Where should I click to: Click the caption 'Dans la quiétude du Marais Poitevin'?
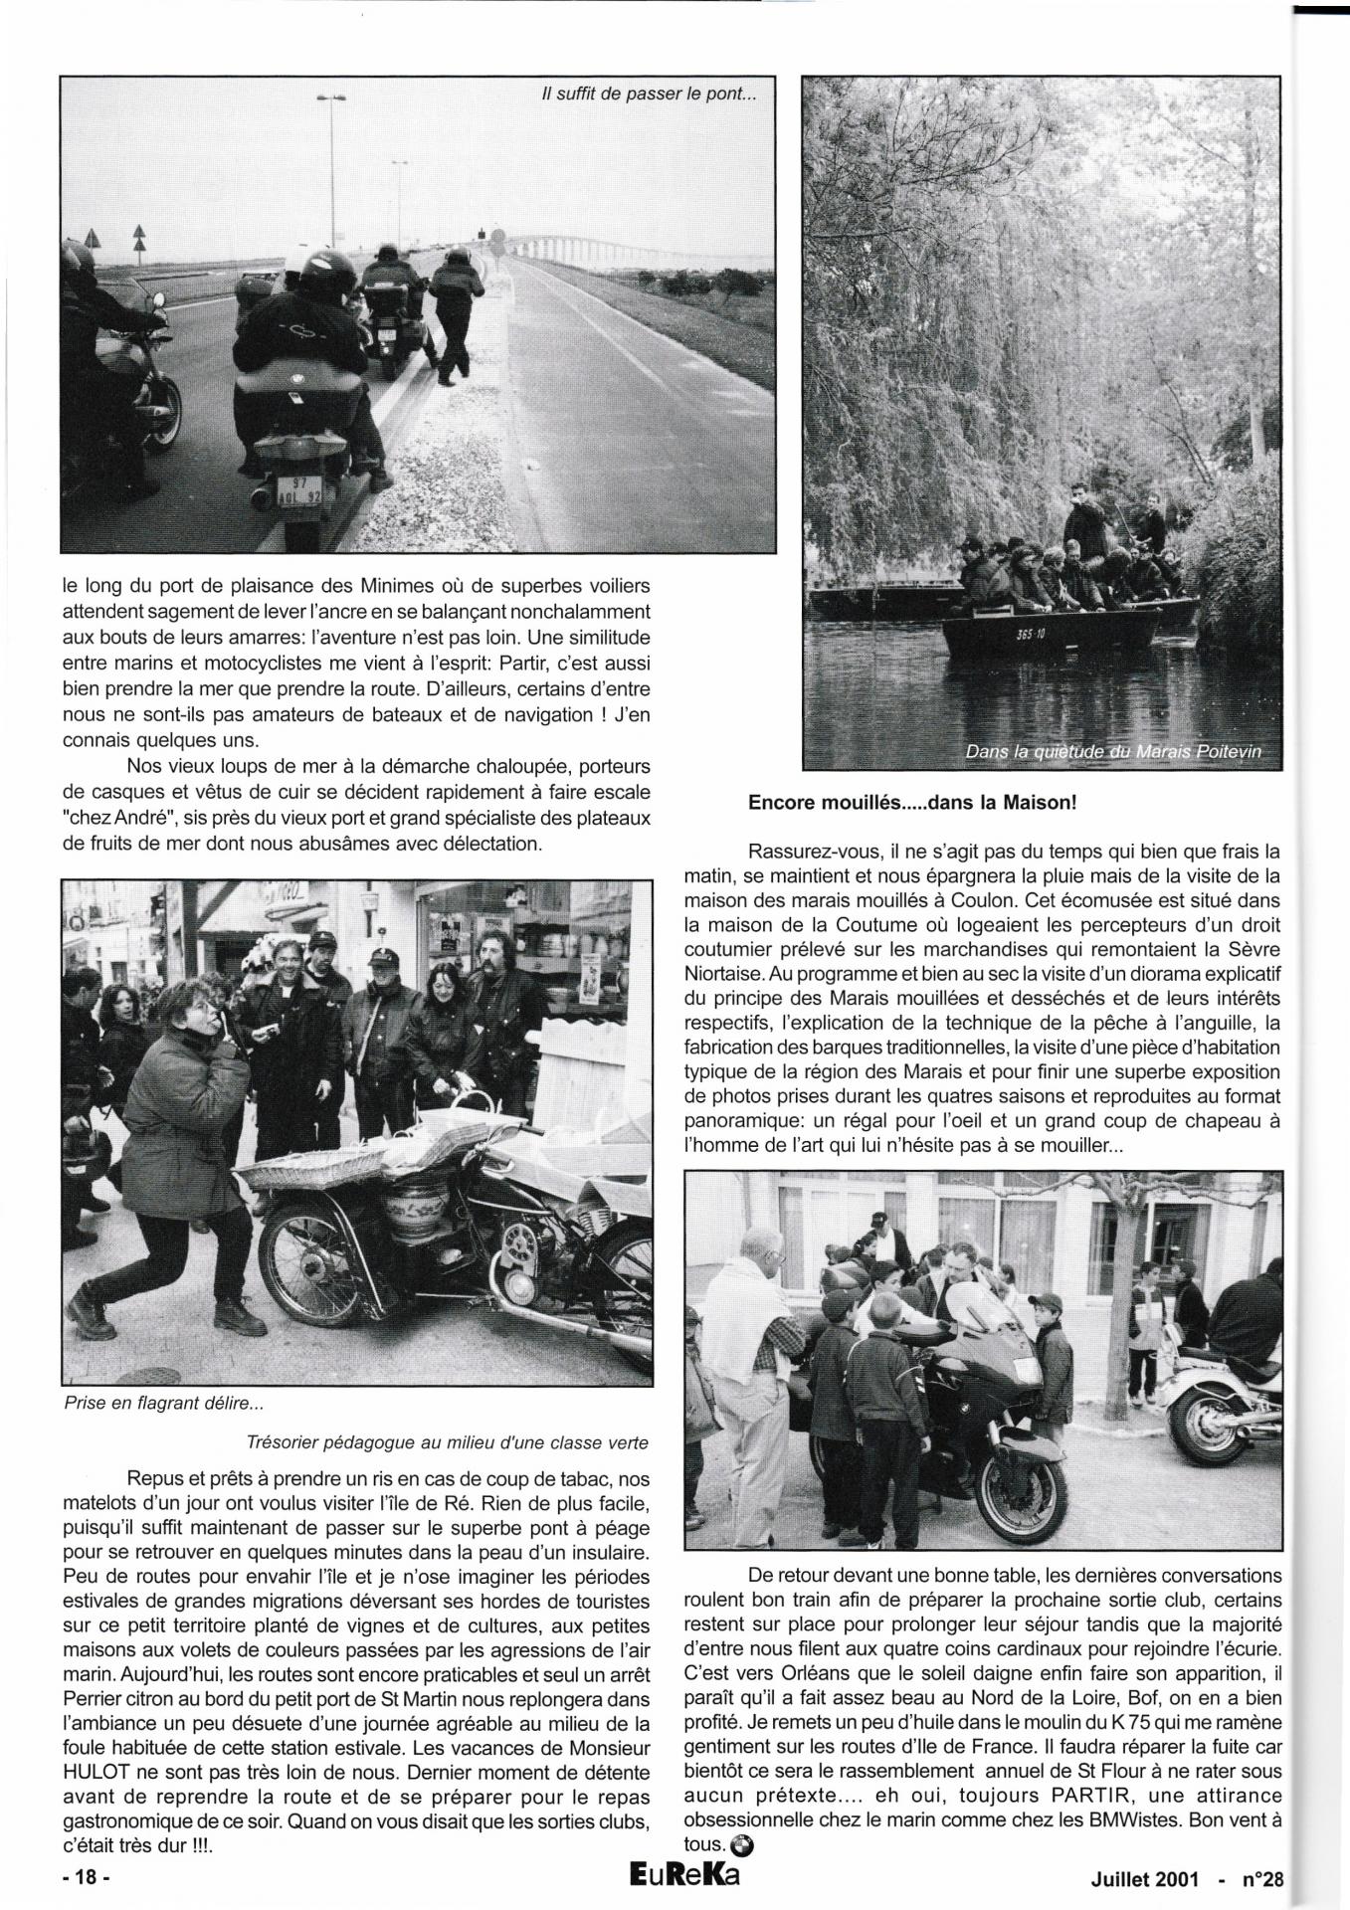click(1113, 752)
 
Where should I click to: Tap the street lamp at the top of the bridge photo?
click(332, 98)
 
